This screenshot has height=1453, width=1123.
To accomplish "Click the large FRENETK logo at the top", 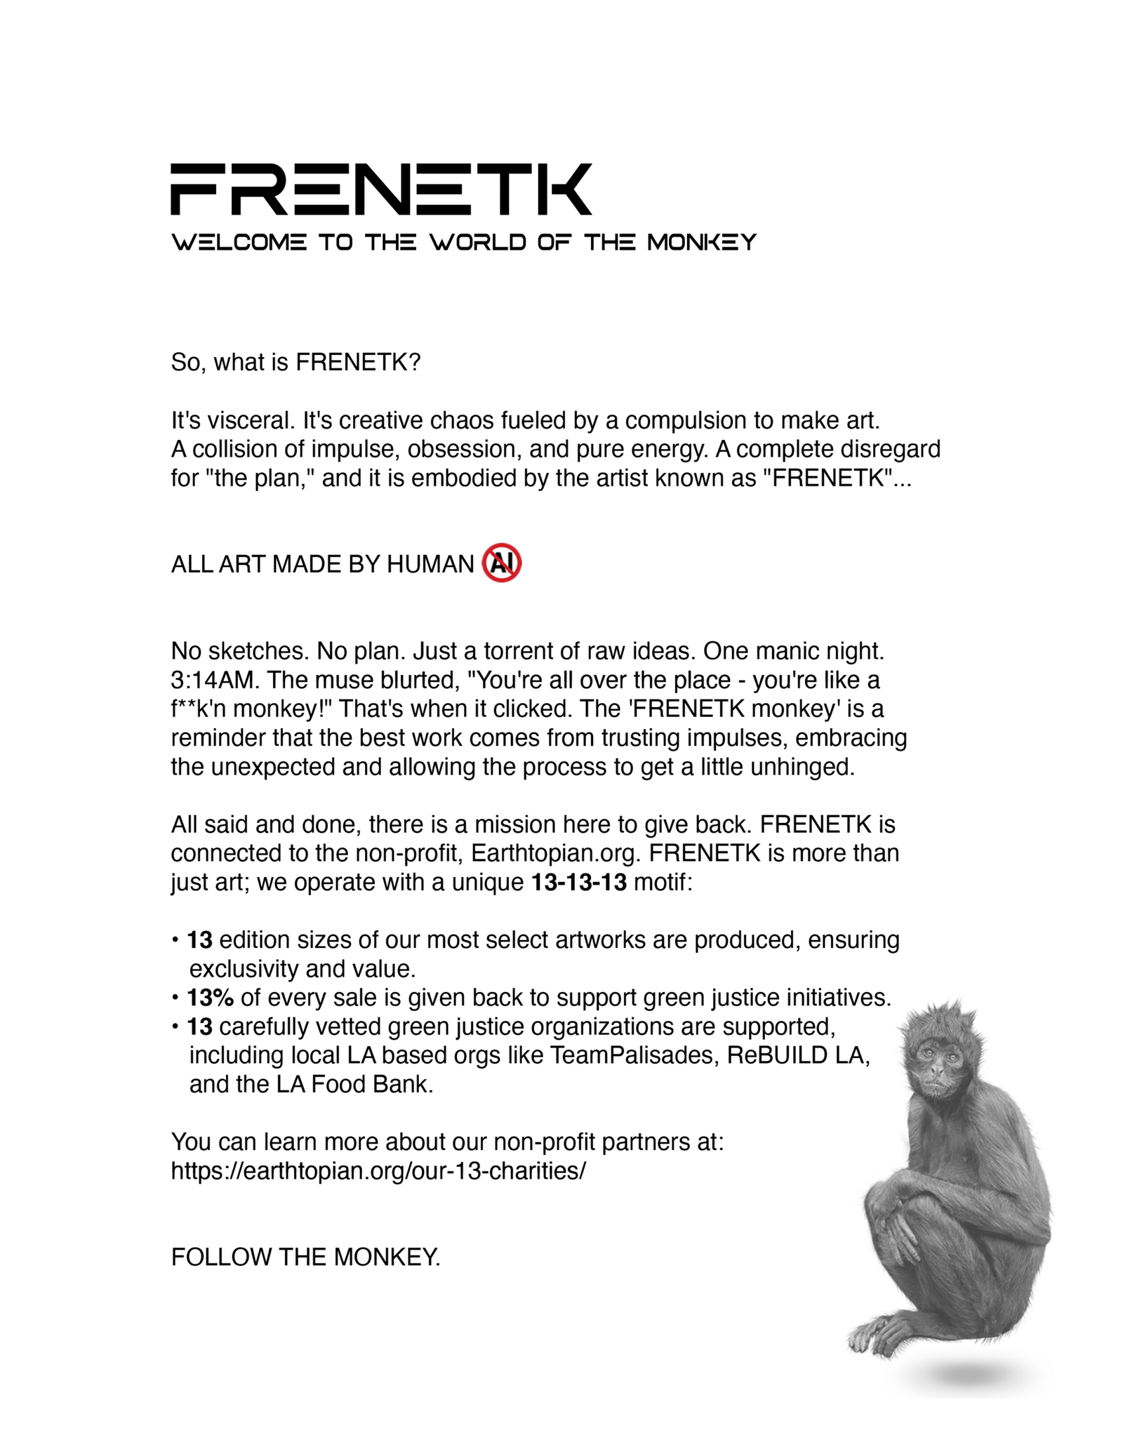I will tap(381, 189).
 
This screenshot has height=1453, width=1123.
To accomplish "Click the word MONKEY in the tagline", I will tap(701, 243).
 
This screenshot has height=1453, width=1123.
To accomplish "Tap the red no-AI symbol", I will tap(501, 563).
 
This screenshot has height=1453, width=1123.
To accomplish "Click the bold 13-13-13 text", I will tap(578, 882).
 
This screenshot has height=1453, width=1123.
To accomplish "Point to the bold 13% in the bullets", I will tap(210, 997).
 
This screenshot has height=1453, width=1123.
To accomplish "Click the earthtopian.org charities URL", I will tap(378, 1171).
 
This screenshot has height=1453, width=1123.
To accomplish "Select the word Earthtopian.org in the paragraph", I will tap(557, 853).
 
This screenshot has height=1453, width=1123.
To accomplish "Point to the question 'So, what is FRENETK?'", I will tap(295, 362).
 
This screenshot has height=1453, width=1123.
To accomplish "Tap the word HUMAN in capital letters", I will tap(430, 564).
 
